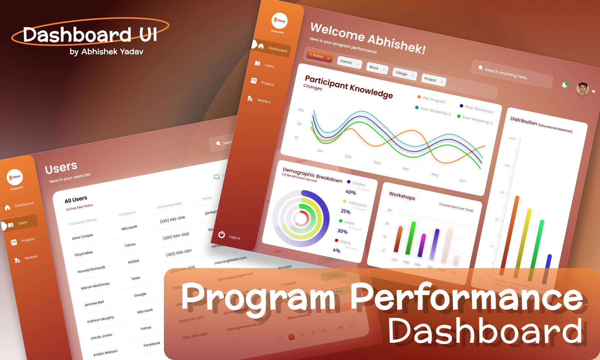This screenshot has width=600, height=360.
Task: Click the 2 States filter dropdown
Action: (319, 56)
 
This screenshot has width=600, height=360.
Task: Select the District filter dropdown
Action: (349, 62)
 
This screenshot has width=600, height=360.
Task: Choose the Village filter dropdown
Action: (404, 74)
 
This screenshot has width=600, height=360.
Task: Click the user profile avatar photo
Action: (582, 89)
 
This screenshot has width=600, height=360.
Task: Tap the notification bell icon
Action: (564, 85)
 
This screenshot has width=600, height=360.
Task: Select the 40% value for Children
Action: (351, 192)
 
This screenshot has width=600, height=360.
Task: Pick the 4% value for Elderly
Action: (336, 250)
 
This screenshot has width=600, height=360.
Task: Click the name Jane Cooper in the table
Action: (82, 237)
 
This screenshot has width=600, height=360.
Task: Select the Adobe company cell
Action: (133, 261)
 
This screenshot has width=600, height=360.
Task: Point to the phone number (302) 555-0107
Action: (179, 253)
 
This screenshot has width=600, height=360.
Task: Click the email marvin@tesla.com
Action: (231, 260)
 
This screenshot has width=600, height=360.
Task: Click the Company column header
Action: (127, 213)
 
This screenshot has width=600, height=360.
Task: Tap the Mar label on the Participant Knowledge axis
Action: (377, 163)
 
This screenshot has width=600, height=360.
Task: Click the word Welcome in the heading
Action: (337, 31)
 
